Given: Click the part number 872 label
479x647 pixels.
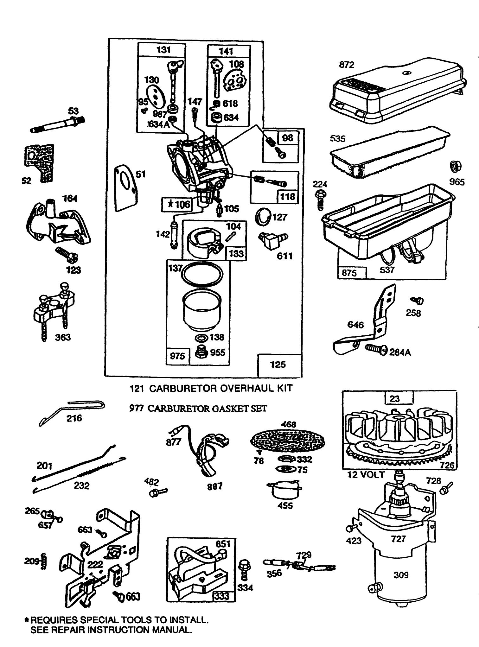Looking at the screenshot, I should tap(347, 65).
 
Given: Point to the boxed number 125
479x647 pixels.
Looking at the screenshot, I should tap(278, 365).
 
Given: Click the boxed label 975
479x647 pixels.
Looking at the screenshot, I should tap(177, 356).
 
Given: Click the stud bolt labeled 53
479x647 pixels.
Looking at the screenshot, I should tap(59, 125).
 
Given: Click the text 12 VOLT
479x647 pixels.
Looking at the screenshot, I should tap(366, 475).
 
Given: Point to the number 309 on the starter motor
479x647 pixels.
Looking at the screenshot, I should tap(401, 575).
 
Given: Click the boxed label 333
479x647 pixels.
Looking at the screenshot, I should tap(222, 596).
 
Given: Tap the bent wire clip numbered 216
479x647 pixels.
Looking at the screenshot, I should tap(73, 409).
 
